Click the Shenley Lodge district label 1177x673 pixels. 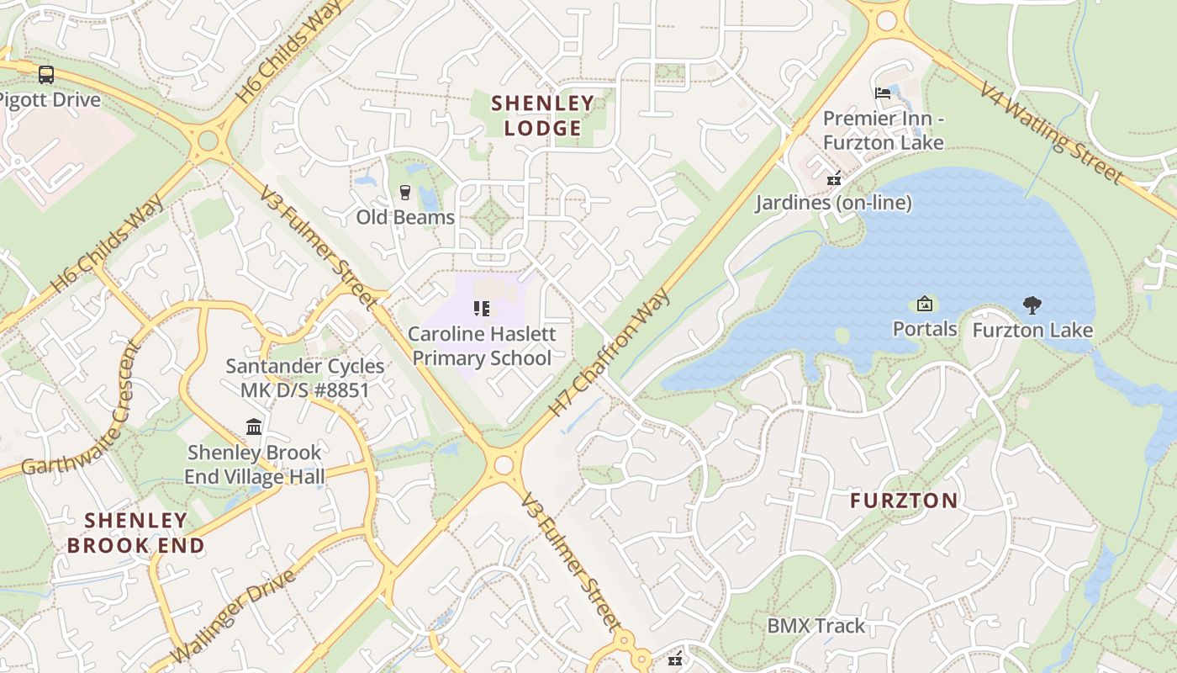(542, 115)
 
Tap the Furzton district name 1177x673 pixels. (904, 501)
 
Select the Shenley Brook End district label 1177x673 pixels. (135, 533)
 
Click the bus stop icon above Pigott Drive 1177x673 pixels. (46, 75)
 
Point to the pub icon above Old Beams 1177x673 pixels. (405, 193)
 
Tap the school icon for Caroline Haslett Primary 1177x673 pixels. (481, 309)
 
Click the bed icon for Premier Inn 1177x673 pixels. (883, 93)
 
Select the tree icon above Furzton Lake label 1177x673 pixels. (1032, 305)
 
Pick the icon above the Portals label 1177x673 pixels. (925, 304)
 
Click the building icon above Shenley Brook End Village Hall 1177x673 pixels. (254, 427)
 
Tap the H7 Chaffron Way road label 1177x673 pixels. (610, 352)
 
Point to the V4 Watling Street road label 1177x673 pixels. (1050, 132)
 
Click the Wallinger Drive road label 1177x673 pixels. (233, 616)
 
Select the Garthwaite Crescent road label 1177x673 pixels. (79, 409)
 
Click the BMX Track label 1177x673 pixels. (815, 626)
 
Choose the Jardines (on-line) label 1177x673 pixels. (832, 203)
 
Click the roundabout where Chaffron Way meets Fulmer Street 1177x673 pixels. (504, 465)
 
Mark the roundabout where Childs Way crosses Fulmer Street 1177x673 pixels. (207, 140)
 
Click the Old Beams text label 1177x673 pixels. (405, 217)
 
